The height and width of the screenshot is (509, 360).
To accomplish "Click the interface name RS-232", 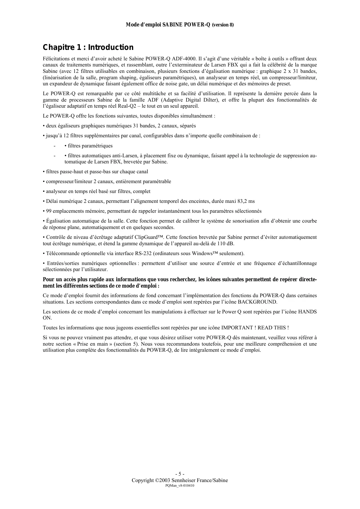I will pyautogui.click(x=143, y=253).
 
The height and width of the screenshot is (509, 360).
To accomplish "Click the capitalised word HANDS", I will pyautogui.click(x=307, y=312).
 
